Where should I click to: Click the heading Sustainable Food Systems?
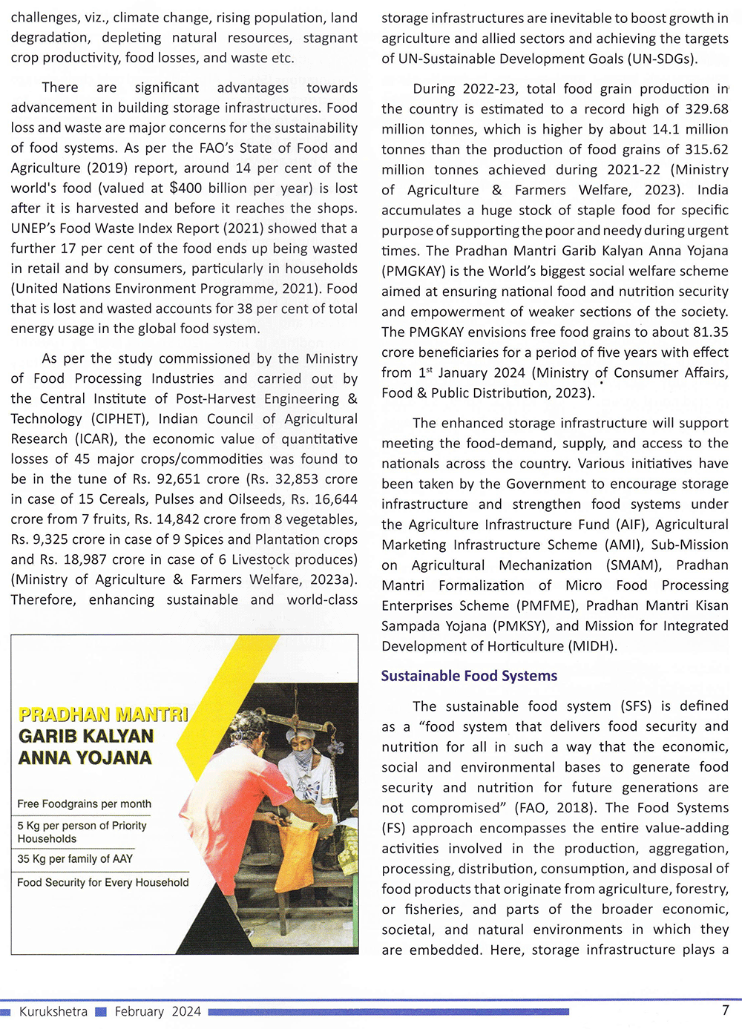coord(469,676)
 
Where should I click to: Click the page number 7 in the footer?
coord(725,1010)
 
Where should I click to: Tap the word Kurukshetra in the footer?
coord(53,1012)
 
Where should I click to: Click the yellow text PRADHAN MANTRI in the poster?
coord(103,715)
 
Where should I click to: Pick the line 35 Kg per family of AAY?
coord(75,859)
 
